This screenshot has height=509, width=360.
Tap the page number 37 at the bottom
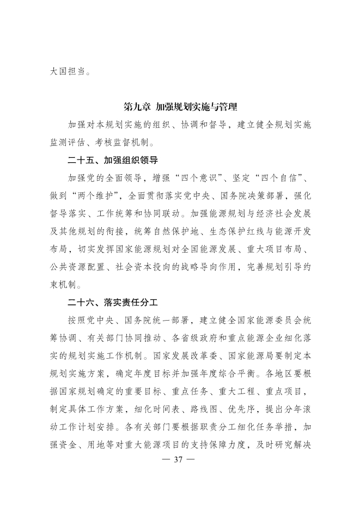click(x=179, y=459)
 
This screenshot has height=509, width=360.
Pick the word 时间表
click(x=186, y=408)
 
